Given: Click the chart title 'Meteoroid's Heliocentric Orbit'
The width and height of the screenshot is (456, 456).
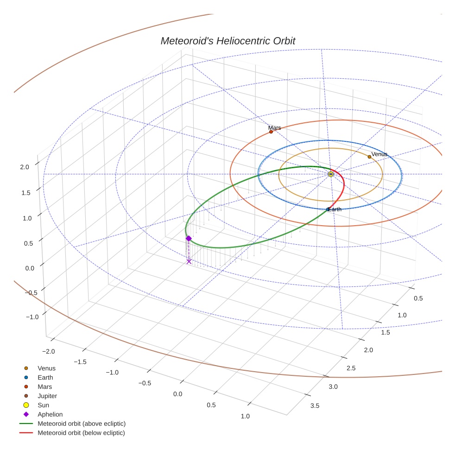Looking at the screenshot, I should point(228,41).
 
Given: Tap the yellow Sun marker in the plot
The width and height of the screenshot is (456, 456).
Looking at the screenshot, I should point(330,174).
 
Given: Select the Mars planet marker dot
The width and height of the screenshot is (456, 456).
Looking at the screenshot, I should point(271,132).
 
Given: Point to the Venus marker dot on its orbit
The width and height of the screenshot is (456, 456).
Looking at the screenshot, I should point(369,157).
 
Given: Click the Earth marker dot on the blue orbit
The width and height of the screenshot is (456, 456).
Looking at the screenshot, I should point(328,209).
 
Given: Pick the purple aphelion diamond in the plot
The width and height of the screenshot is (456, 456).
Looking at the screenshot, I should point(189,238).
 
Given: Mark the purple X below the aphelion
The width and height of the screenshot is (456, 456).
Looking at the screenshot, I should point(189,261).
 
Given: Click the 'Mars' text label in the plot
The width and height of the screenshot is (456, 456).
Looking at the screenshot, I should point(274,127).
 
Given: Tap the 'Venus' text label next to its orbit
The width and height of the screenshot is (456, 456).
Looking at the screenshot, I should point(379,154).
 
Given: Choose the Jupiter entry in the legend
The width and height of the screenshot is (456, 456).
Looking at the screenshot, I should point(47,396).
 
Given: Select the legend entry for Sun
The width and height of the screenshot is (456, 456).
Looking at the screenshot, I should point(43,405).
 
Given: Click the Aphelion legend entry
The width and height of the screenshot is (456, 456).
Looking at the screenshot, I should point(50,414).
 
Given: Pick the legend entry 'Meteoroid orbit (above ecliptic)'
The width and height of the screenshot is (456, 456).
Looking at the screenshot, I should point(81,424).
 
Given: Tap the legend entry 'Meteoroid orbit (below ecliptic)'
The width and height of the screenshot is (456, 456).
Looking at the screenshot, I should point(81,433).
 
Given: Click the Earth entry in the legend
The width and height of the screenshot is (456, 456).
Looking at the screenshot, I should point(45,377).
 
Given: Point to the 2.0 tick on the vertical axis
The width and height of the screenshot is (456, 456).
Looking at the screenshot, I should point(25,167).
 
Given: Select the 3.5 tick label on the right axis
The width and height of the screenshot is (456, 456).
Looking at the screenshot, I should point(314,406).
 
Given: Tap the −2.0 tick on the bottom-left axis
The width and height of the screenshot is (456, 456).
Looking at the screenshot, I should point(48,352).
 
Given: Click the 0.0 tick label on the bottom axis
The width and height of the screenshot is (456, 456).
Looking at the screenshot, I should point(177,394).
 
